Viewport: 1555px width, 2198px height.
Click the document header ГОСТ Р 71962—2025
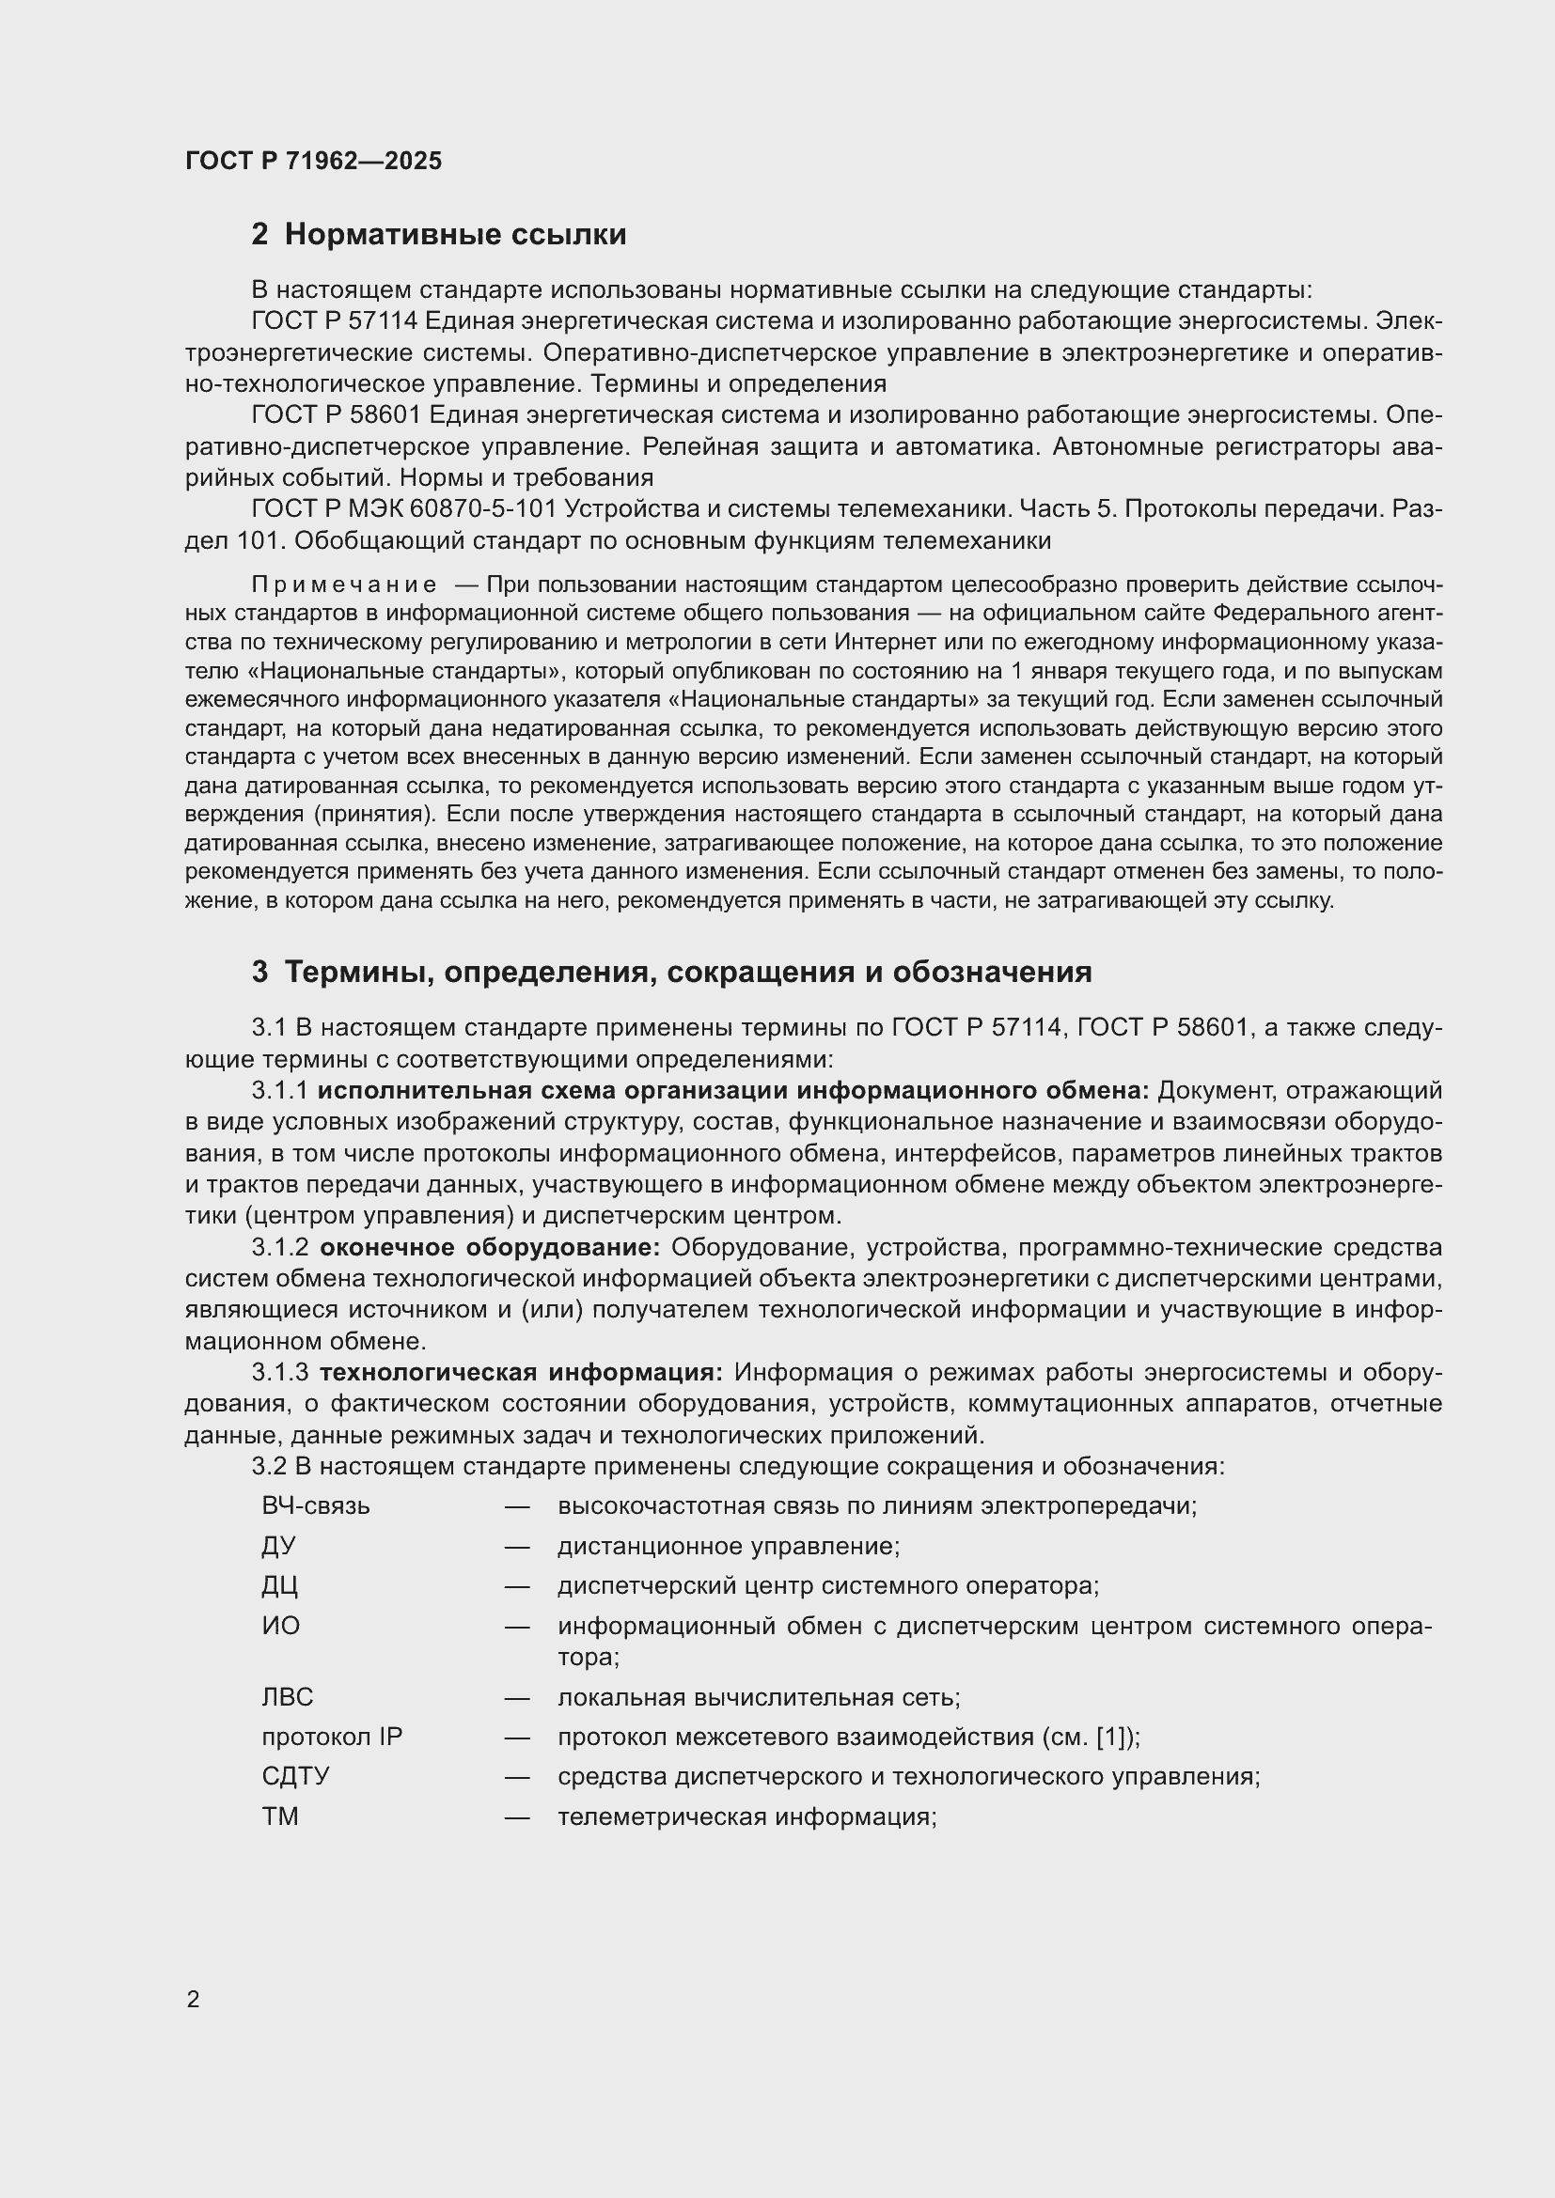tap(313, 161)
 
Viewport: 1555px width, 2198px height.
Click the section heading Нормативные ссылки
tap(455, 235)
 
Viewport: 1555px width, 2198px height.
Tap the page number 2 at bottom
tap(194, 2000)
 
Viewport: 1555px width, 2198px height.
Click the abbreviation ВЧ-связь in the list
tap(315, 1505)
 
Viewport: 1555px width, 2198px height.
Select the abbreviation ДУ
tap(278, 1546)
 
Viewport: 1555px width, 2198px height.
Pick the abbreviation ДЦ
tap(279, 1585)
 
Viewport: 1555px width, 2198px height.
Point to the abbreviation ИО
tap(280, 1626)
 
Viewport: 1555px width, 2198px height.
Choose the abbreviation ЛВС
tap(288, 1697)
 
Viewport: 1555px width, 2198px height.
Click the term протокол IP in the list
tap(331, 1737)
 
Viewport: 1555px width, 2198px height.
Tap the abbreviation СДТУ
tap(295, 1777)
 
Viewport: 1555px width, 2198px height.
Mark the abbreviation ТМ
tap(279, 1816)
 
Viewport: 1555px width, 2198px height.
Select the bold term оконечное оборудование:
tap(489, 1248)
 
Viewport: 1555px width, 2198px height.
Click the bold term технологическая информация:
tap(521, 1373)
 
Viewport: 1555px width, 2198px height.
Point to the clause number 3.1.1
tap(279, 1091)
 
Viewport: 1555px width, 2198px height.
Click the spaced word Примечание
tap(344, 585)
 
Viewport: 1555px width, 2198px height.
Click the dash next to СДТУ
tap(517, 1777)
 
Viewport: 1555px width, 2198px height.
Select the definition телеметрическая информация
tap(746, 1816)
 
